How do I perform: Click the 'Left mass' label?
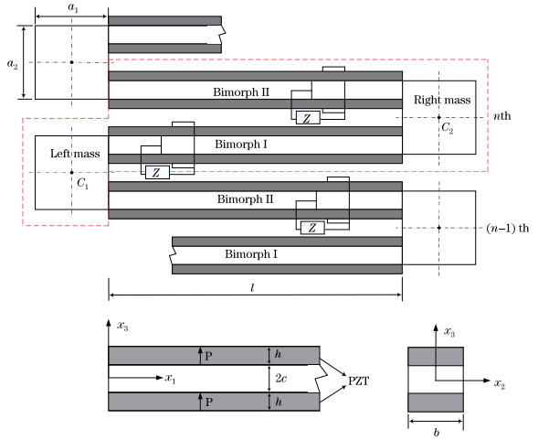75,154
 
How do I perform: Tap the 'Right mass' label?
442,100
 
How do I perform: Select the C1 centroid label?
83,183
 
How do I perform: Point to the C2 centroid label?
448,128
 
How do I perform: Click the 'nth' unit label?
502,116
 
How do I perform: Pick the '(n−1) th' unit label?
508,229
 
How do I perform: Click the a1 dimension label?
73,7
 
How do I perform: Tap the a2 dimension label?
13,64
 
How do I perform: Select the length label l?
252,287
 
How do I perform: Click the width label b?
436,432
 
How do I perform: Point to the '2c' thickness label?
281,378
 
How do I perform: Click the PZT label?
359,381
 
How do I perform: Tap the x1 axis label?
170,379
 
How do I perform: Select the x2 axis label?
500,383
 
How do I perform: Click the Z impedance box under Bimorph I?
157,173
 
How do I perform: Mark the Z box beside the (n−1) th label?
312,228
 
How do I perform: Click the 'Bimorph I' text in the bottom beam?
251,254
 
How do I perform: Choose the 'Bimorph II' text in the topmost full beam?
241,92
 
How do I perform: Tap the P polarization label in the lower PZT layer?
208,402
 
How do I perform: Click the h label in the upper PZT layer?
279,354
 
